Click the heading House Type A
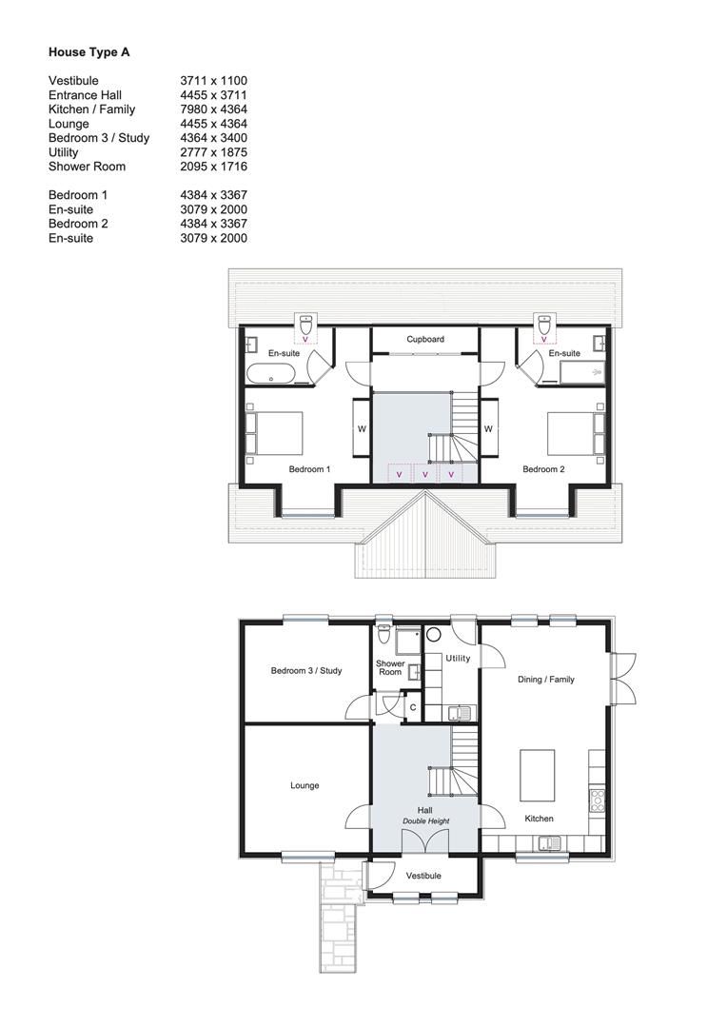[88, 52]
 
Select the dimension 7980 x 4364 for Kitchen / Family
[213, 109]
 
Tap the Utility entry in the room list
[64, 152]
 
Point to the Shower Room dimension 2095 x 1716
[213, 167]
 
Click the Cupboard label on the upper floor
[424, 339]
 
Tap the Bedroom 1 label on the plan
[309, 469]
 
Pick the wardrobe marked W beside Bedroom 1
[362, 429]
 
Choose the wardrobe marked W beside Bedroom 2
[488, 429]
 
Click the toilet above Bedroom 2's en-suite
[544, 325]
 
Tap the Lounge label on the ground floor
[305, 786]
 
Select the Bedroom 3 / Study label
[305, 671]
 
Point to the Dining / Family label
[545, 680]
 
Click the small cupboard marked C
[412, 707]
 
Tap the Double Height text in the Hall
[425, 820]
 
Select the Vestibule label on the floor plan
[423, 876]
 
